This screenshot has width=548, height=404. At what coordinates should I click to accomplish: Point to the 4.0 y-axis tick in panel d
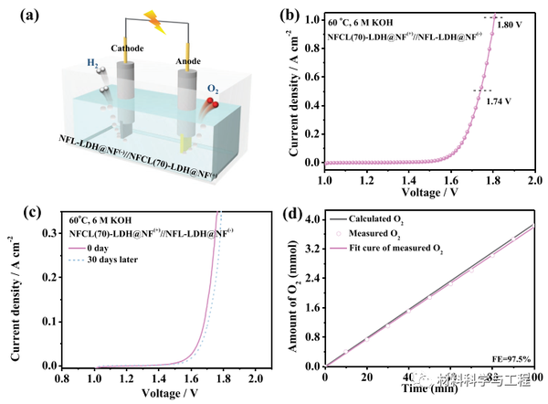(x=311, y=219)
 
